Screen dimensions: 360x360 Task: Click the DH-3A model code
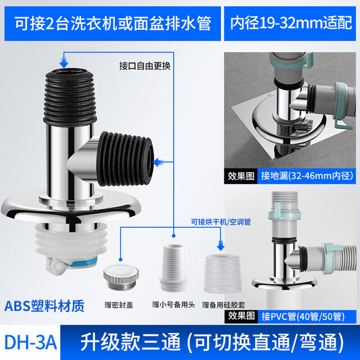pyautogui.click(x=30, y=343)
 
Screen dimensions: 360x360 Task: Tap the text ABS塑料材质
pyautogui.click(x=44, y=306)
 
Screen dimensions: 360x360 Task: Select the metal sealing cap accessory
pyautogui.click(x=120, y=277)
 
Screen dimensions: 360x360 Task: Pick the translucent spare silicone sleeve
pyautogui.click(x=222, y=274)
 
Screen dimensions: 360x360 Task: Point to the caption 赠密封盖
pyautogui.click(x=119, y=305)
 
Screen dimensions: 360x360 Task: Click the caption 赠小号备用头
pyautogui.click(x=173, y=305)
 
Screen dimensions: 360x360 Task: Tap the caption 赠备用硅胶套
pyautogui.click(x=223, y=305)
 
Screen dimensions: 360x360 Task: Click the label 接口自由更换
pyautogui.click(x=145, y=66)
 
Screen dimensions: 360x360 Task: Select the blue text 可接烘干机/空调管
pyautogui.click(x=221, y=222)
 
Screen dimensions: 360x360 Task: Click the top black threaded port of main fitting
pyautogui.click(x=70, y=96)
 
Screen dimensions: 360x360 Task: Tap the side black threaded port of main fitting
pyautogui.click(x=125, y=159)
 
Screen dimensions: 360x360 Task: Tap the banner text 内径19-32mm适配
pyautogui.click(x=291, y=23)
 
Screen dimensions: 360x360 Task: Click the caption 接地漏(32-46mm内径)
pyautogui.click(x=307, y=176)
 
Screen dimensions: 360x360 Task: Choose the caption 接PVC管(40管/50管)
pyautogui.click(x=303, y=316)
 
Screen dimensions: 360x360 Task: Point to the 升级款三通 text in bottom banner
pyautogui.click(x=130, y=342)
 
